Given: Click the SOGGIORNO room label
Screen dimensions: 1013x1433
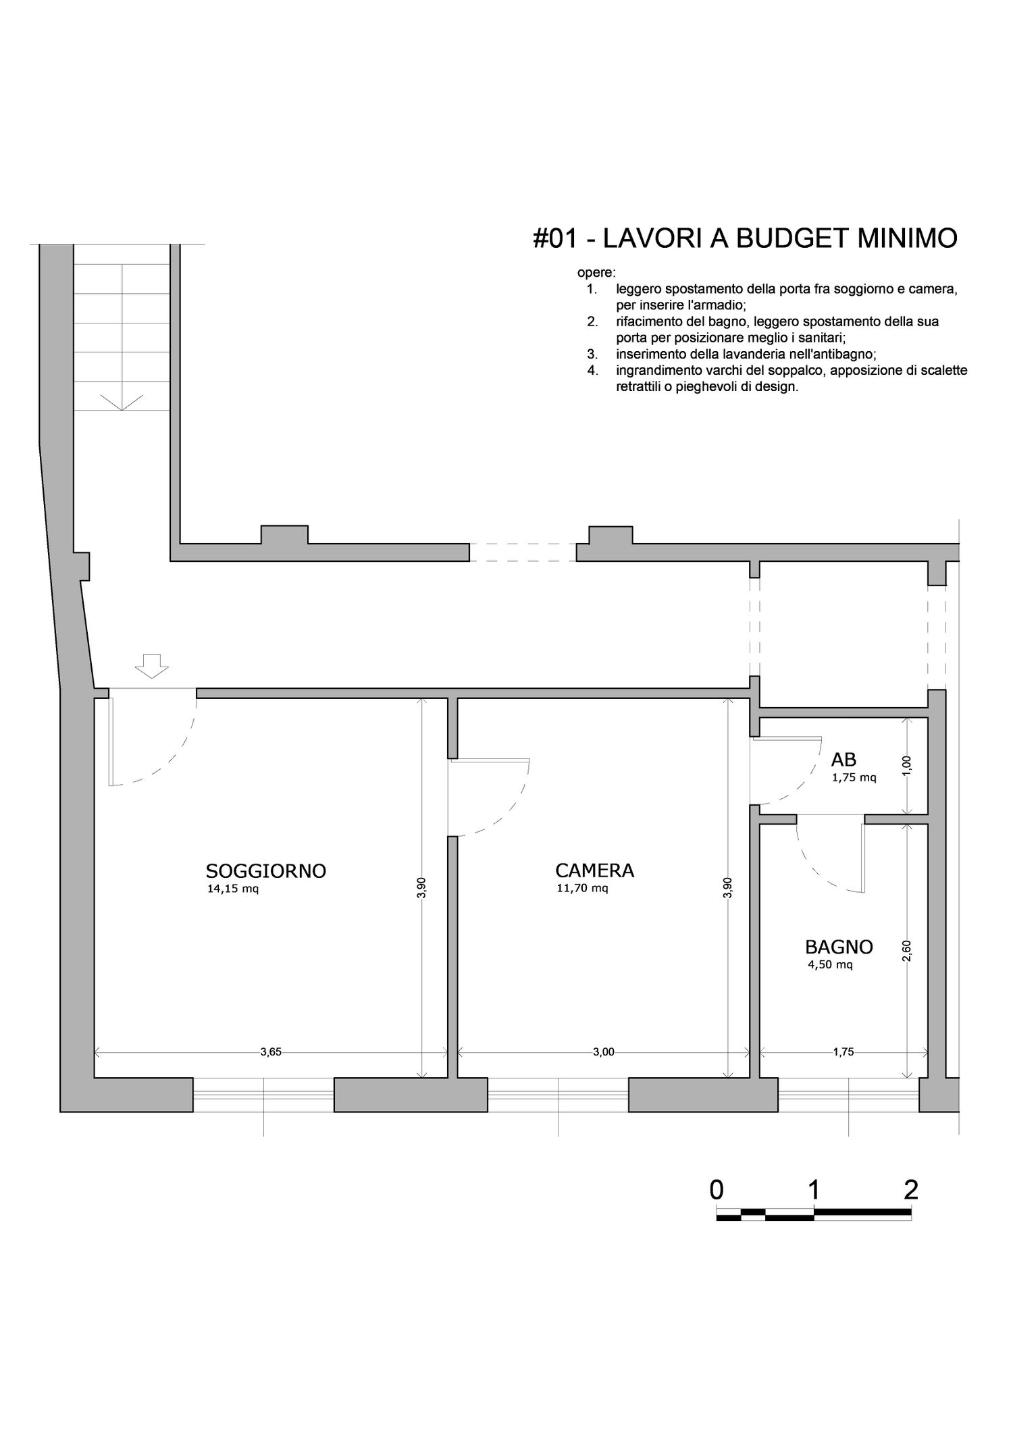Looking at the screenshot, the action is coord(266,870).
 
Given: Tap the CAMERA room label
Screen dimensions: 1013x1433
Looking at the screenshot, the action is coord(595,870).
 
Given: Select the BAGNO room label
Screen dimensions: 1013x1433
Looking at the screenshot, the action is coord(839,947).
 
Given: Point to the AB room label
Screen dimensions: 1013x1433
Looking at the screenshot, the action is coord(843,760).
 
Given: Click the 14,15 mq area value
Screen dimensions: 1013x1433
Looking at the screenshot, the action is coord(233,889).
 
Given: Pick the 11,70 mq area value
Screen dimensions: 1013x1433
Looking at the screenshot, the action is coord(582,888).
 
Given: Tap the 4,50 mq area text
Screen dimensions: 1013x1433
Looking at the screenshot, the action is coord(830,965).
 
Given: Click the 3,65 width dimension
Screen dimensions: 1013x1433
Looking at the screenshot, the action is coord(271,1051).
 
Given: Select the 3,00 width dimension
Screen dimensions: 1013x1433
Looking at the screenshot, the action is coord(604,1051).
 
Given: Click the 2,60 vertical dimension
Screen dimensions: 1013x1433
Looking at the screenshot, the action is coord(907,951).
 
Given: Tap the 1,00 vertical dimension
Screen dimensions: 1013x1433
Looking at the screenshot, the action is coord(907,765).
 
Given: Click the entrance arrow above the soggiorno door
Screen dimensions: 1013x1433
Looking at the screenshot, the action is coord(151,666).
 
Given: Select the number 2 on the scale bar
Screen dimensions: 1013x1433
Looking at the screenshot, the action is coord(911,1189).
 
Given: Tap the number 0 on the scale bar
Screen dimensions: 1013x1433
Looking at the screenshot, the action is coord(717,1189).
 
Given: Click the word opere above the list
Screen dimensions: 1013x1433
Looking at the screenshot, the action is coord(596,273).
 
